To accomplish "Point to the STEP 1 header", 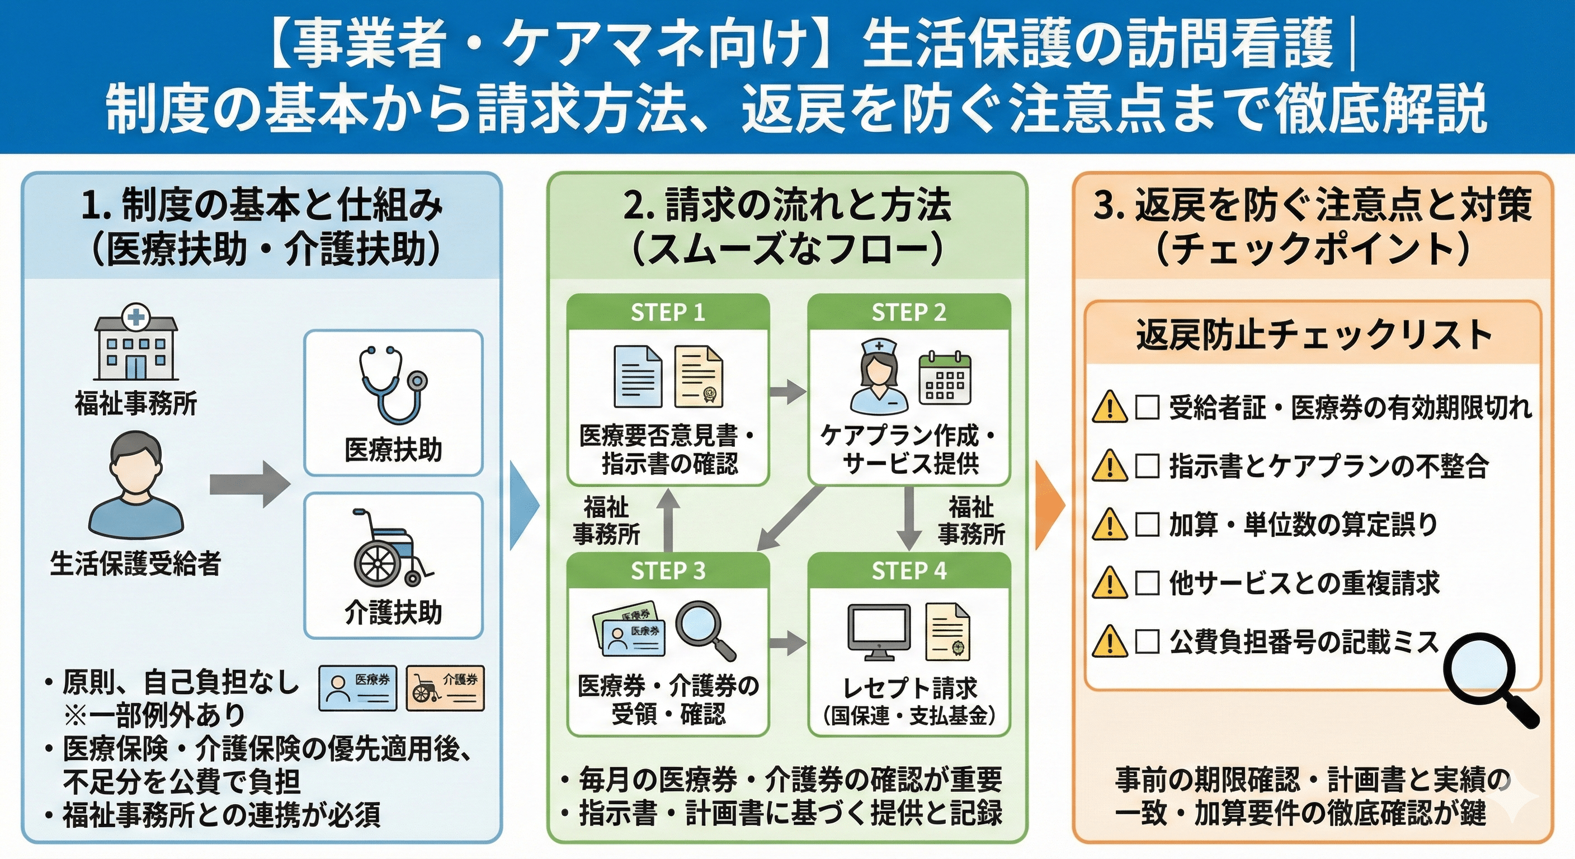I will coord(668,313).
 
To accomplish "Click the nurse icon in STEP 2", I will coord(879,376).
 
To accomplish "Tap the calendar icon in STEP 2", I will coord(945,379).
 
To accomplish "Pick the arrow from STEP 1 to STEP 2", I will coord(787,391).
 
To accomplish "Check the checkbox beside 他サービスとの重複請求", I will coord(1147,583).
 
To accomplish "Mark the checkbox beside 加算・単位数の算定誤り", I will coord(1147,524).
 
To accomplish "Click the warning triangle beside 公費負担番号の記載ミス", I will coord(1109,641).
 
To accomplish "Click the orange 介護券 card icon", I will coord(445,688).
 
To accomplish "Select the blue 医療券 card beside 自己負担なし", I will coord(358,688).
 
